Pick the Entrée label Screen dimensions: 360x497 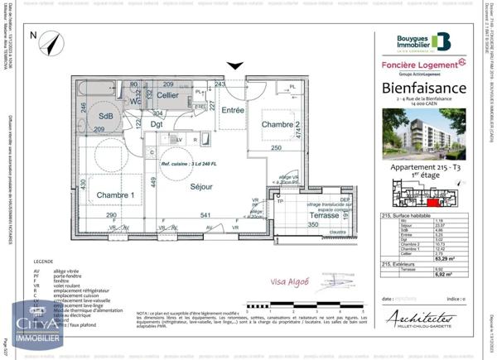(x=232, y=109)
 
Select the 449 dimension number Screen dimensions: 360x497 (x=154, y=183)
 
